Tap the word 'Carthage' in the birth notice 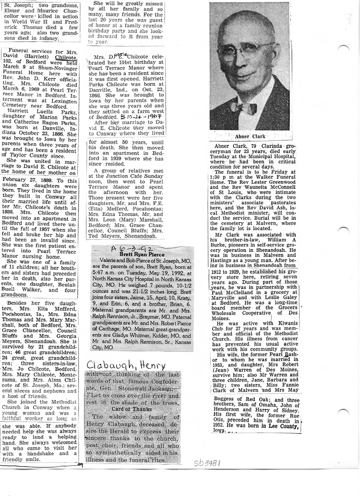[x=111, y=323]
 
